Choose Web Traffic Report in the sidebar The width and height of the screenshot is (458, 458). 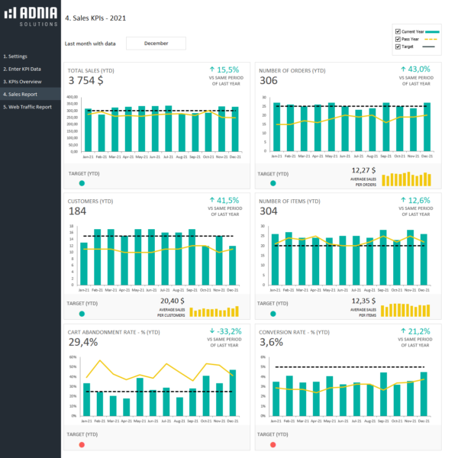[30, 107]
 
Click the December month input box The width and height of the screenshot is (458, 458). [156, 44]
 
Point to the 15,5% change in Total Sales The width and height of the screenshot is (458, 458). [227, 69]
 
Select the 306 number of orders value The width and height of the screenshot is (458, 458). [269, 80]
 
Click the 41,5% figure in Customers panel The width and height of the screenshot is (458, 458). [227, 200]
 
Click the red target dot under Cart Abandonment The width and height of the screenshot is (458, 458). [82, 444]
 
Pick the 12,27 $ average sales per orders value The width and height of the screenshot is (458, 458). [363, 170]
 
